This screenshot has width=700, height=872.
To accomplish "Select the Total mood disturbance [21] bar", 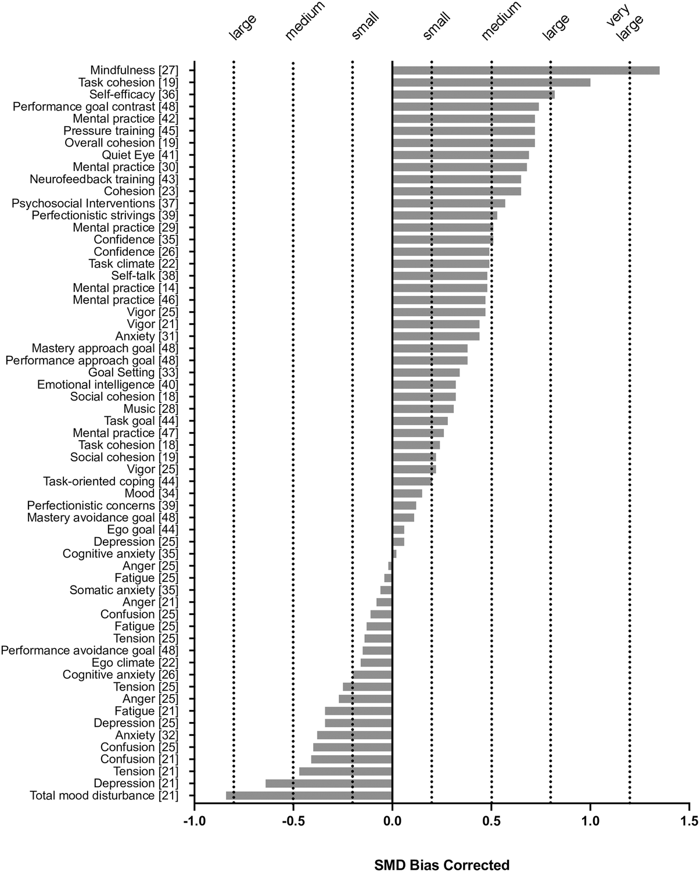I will point(309,795).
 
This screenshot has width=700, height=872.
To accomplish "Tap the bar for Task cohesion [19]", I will point(491,83).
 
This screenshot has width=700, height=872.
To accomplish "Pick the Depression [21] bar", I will point(329,783).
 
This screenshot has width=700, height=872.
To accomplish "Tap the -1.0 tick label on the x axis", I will point(194,822).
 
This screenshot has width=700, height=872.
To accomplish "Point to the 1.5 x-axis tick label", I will point(689,822).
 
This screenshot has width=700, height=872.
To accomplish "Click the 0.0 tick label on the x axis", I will point(392,822).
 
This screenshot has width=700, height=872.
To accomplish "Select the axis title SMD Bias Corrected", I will point(441,864).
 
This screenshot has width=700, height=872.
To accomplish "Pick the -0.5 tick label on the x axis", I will point(293,822).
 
